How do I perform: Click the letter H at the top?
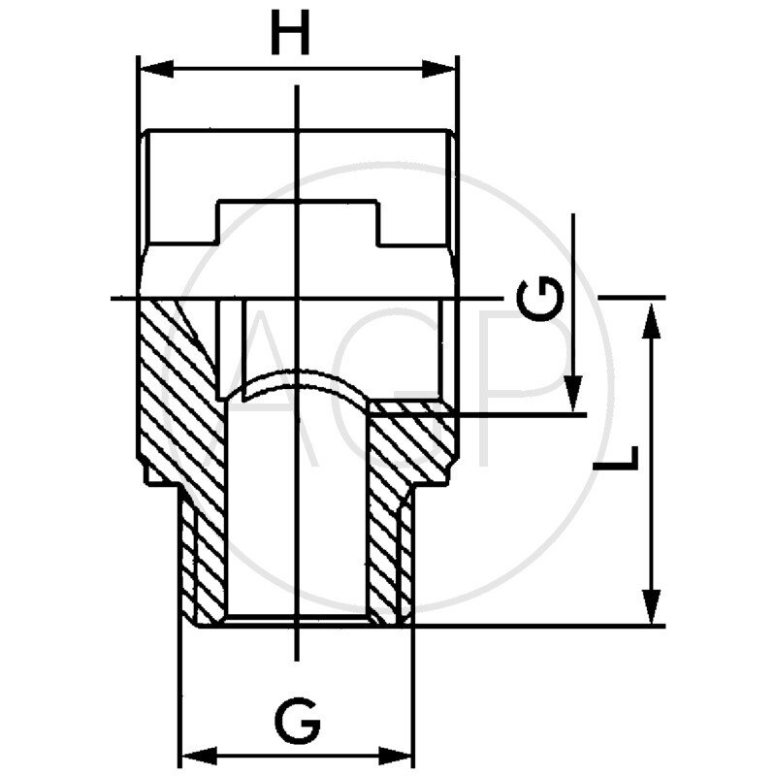[289, 36]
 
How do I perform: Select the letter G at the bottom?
[297, 721]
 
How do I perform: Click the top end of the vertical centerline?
[297, 89]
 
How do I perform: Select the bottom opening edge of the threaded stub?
[297, 621]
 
